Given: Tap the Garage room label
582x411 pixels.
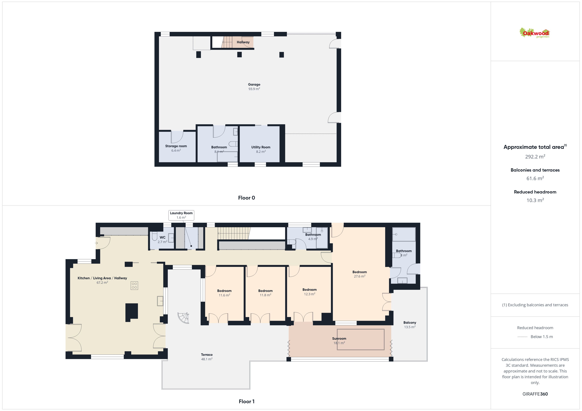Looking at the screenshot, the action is tap(254, 84).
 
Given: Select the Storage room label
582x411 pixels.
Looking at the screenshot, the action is tap(176, 146).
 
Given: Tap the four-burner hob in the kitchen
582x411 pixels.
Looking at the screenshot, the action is tap(134, 286).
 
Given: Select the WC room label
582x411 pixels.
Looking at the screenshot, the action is tap(162, 237).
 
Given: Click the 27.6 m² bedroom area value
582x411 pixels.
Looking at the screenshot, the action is tap(359, 276).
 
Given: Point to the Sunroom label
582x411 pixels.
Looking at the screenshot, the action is tap(339, 339).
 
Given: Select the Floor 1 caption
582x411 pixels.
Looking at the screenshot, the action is tap(246, 402).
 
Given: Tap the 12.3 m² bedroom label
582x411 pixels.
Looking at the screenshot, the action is tap(309, 292).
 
